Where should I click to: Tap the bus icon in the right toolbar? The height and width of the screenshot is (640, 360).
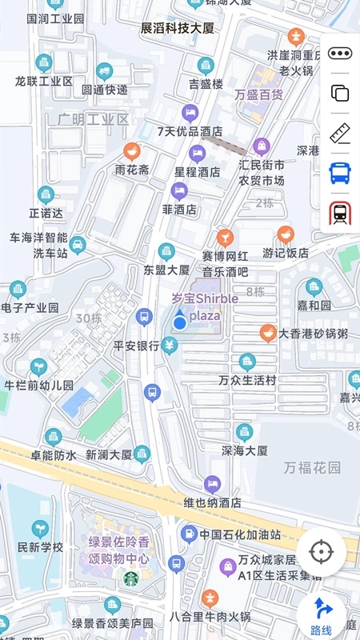pos(340,172)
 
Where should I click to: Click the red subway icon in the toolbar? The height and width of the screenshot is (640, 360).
pos(340,213)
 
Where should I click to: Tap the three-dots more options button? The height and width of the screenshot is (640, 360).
pos(340,54)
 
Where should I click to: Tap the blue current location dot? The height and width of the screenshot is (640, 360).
pos(180,322)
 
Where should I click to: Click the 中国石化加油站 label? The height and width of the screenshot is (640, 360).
pos(240,534)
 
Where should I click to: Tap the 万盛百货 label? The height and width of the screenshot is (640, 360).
pos(258,94)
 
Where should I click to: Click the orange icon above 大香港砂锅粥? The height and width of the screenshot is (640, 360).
pos(268,332)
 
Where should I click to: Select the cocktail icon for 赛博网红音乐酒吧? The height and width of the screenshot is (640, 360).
pos(225,237)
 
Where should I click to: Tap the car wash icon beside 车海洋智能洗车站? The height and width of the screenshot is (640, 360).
pos(78,244)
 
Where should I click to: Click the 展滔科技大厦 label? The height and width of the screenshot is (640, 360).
pos(178,28)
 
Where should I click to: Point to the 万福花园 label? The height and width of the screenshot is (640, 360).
pos(312,466)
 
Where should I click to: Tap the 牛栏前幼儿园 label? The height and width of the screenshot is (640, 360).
pos(38,385)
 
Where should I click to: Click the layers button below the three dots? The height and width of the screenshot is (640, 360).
pos(340,92)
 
